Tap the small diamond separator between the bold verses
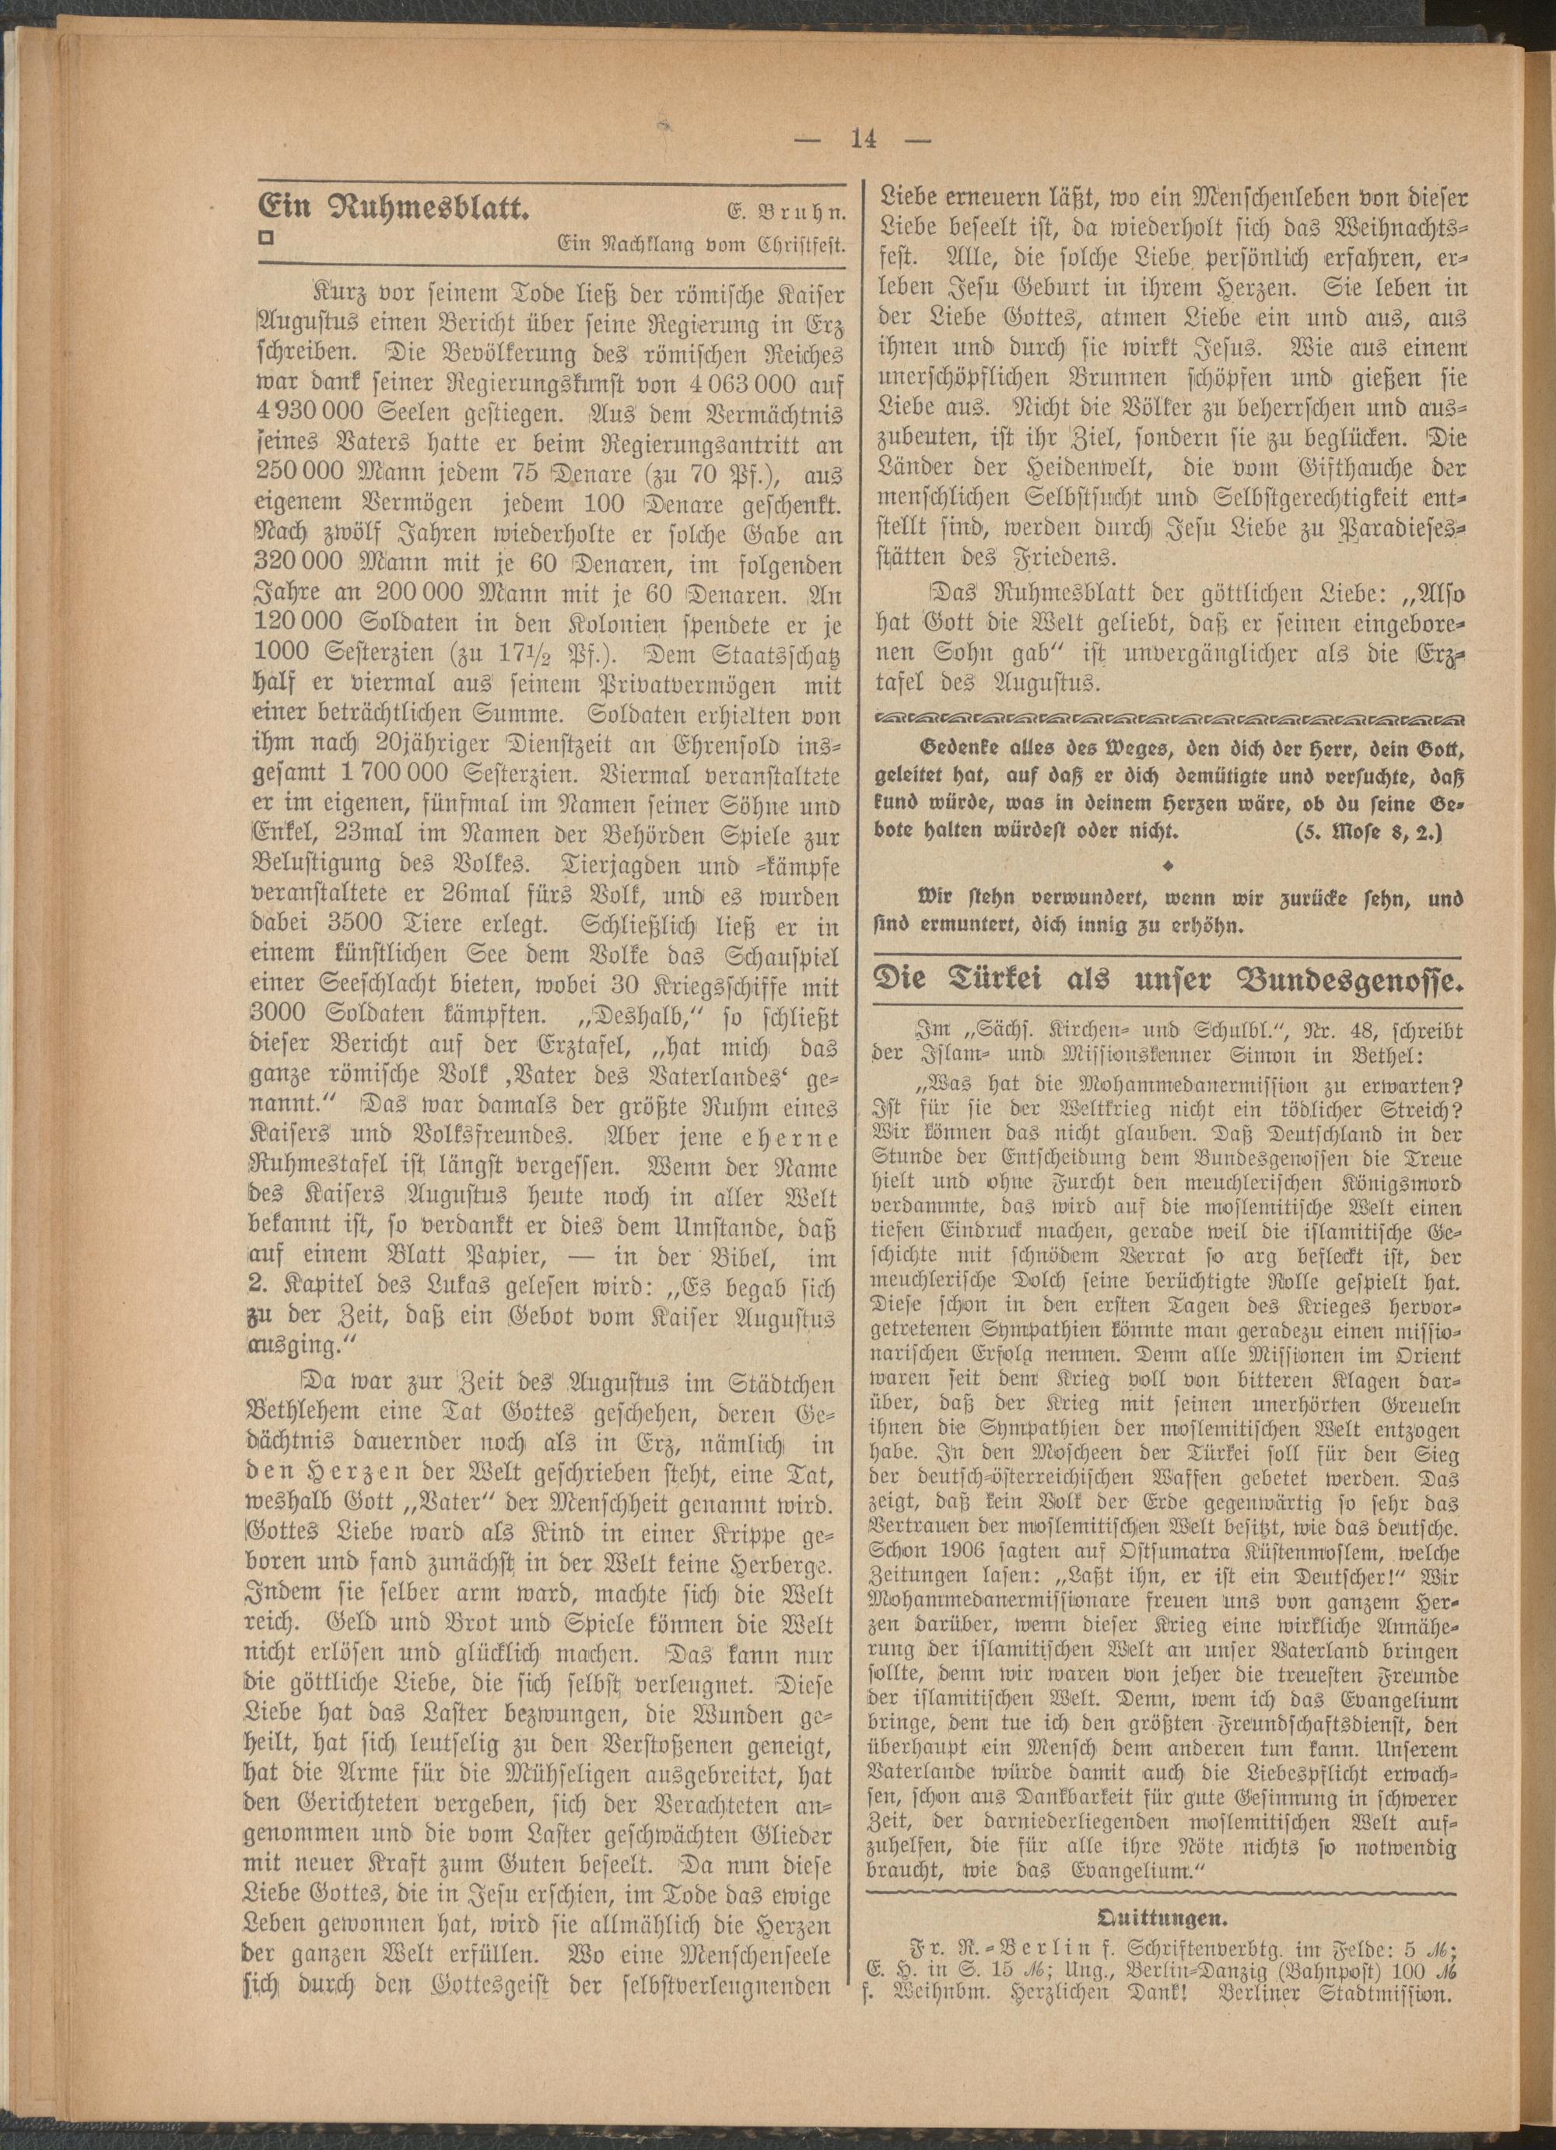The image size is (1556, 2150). pyautogui.click(x=1169, y=866)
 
